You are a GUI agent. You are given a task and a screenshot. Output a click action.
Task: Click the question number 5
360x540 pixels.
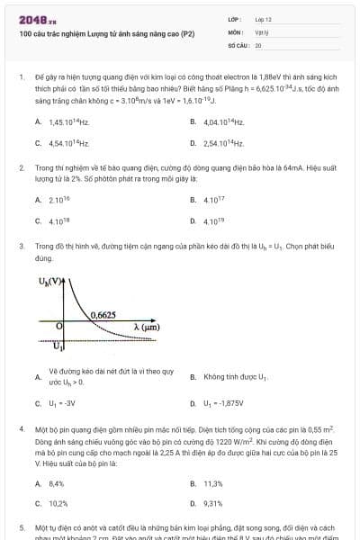[21, 526]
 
